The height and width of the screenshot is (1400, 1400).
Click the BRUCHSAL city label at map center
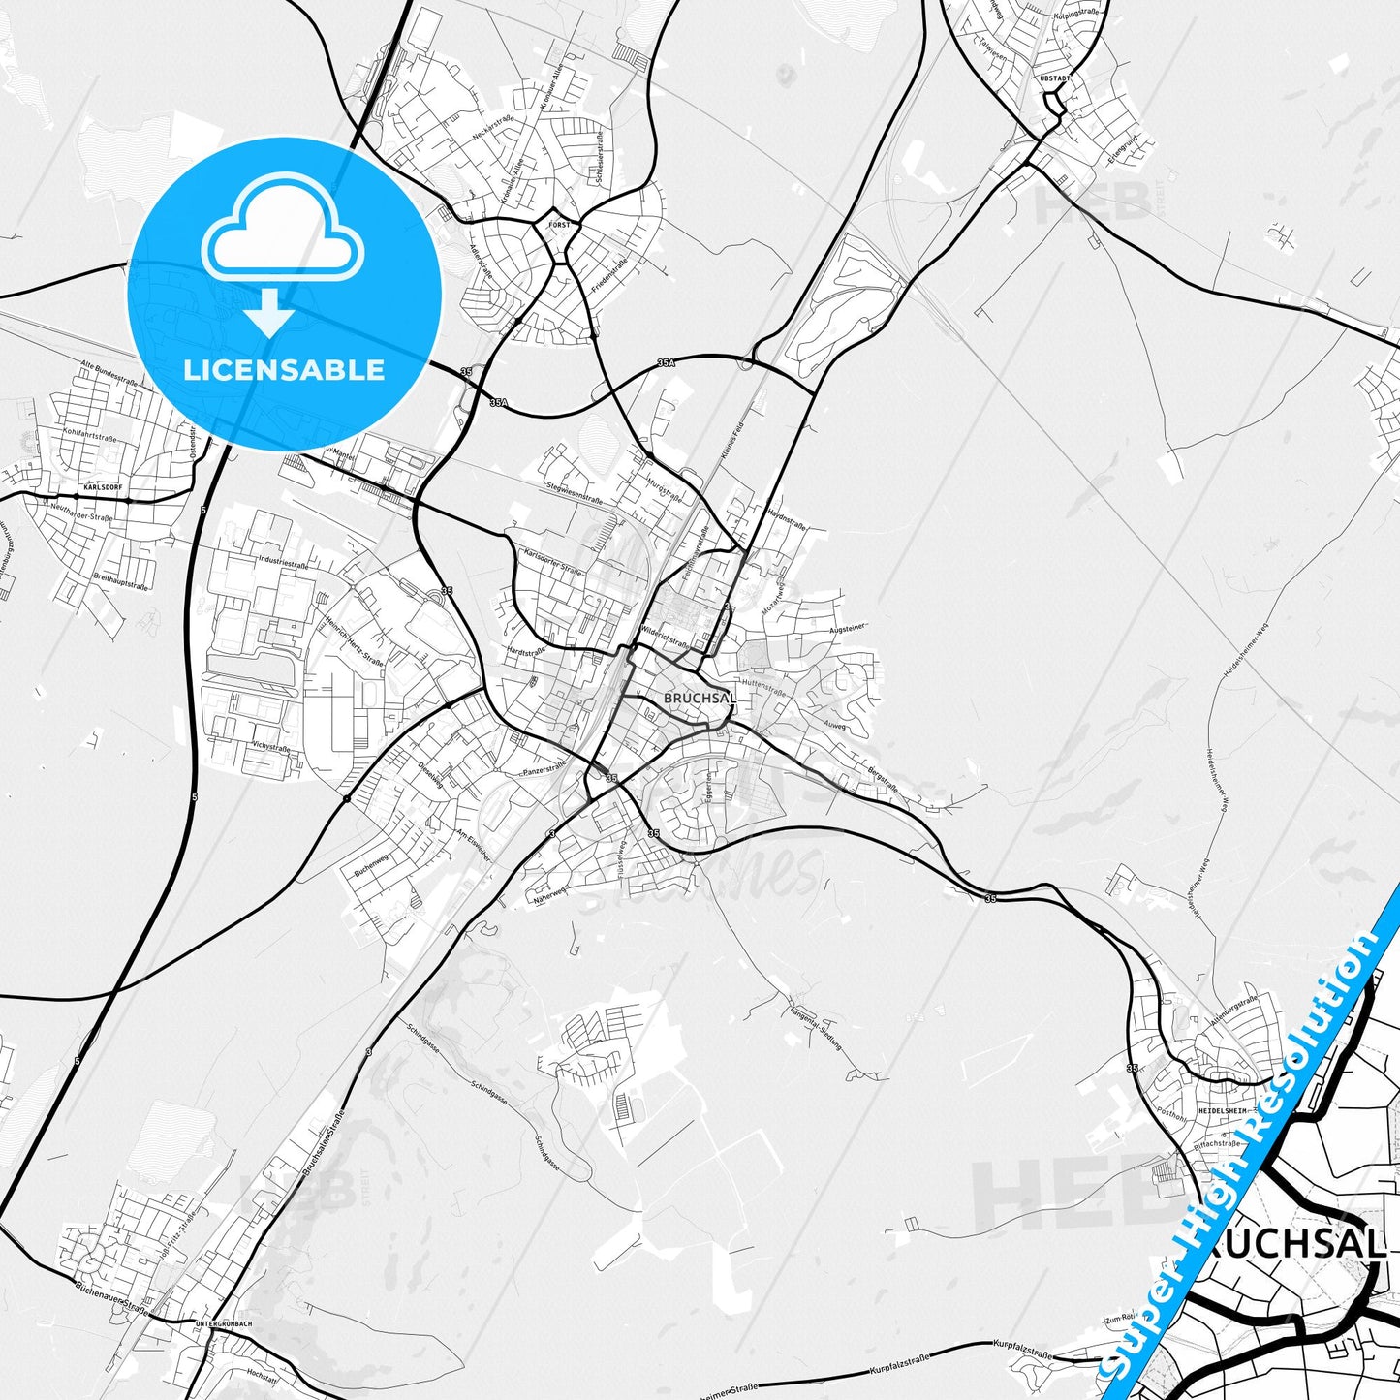point(700,698)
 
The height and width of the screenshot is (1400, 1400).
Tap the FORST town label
point(559,225)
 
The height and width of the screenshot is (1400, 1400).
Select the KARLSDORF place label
point(104,487)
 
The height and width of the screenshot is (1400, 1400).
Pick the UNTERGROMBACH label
point(223,1323)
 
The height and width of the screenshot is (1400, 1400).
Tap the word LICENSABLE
point(284,370)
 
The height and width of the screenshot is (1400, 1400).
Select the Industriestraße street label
point(284,563)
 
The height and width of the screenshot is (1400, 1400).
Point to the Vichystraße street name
point(270,747)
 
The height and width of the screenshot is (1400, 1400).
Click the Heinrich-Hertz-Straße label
point(355,640)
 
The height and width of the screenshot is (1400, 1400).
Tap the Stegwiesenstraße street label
point(575,493)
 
